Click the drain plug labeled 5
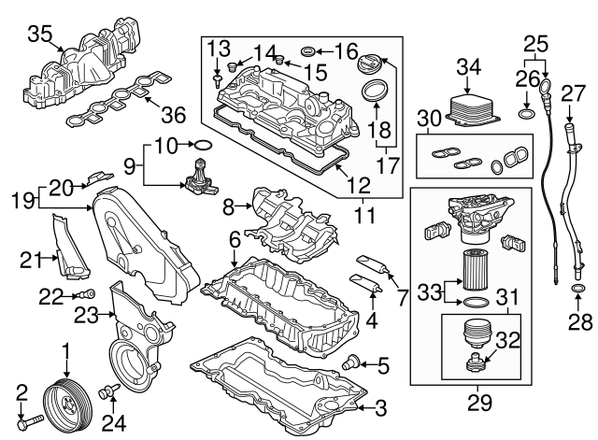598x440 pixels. click(x=353, y=362)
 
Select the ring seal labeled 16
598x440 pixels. click(x=310, y=50)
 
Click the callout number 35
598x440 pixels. click(x=38, y=35)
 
